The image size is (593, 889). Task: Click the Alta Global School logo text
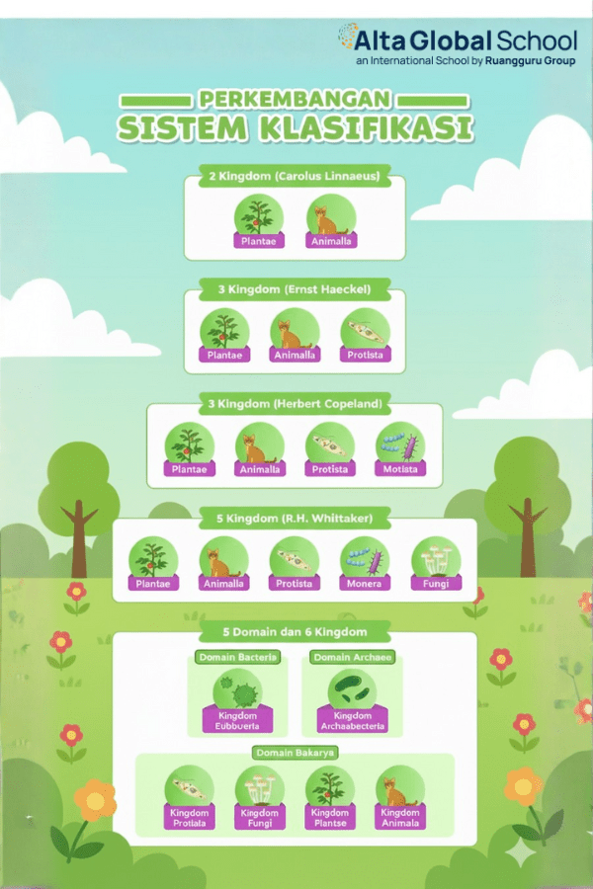(x=466, y=40)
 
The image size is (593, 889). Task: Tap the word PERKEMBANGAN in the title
(x=295, y=100)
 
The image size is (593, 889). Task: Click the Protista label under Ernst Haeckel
(x=366, y=355)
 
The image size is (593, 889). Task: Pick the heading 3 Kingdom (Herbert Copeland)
(x=295, y=405)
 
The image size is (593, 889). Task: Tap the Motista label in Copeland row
(x=400, y=469)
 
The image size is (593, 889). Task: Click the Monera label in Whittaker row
(x=366, y=583)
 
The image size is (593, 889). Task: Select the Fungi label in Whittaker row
(x=436, y=583)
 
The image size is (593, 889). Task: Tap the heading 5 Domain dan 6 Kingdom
(x=295, y=631)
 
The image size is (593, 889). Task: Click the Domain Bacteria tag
(x=237, y=657)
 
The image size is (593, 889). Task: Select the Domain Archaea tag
(x=353, y=657)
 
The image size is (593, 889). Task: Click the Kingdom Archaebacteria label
(x=353, y=720)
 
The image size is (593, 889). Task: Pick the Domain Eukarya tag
(x=295, y=753)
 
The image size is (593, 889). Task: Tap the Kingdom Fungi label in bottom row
(x=260, y=817)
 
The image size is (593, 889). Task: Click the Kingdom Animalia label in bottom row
(x=400, y=817)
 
